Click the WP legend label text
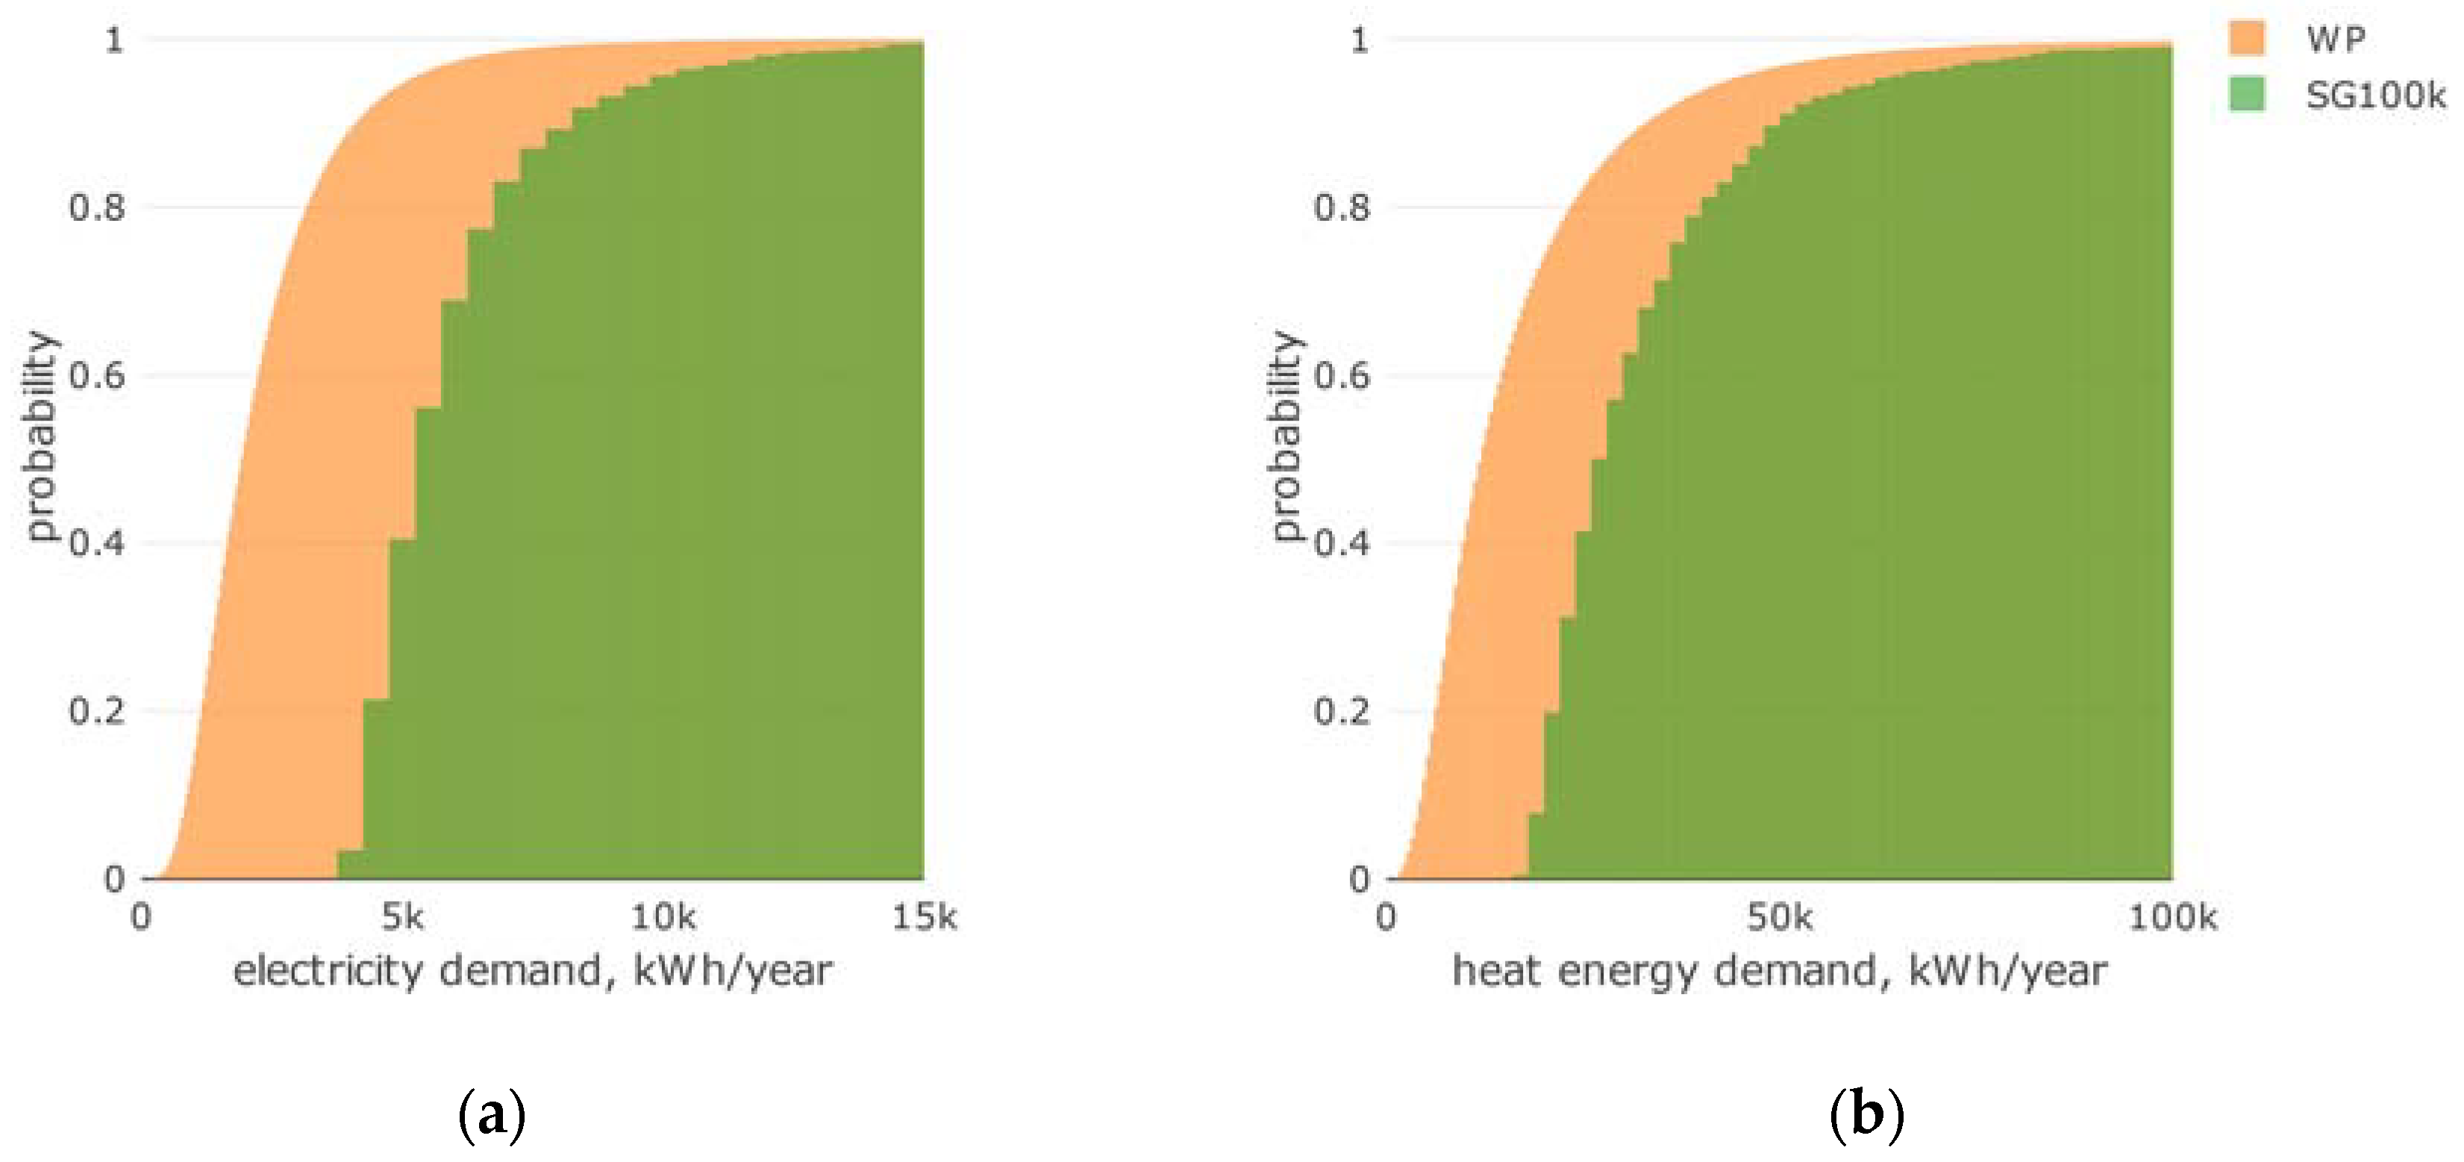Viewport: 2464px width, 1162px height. pos(2335,40)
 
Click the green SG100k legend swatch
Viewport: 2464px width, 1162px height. pos(2247,95)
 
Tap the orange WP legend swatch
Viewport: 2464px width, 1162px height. pos(2247,40)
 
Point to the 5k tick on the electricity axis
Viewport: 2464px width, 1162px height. pos(401,918)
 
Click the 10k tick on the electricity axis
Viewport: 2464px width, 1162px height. pos(663,918)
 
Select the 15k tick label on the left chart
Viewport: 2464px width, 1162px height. pos(924,918)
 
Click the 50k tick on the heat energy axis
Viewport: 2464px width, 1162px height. pos(1779,918)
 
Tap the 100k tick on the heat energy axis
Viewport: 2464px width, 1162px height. pos(2172,918)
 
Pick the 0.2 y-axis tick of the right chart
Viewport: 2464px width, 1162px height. pos(1342,712)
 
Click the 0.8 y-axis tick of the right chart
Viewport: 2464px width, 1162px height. pos(1342,207)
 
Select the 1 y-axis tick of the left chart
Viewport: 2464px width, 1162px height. pos(115,40)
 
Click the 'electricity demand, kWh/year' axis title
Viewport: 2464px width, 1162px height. pos(533,972)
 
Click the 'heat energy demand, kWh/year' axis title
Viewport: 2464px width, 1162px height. pos(1779,972)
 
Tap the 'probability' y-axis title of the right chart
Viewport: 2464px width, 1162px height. pos(1286,436)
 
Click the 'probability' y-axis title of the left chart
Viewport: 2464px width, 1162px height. pos(41,436)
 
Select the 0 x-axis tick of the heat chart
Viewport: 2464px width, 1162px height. pos(1386,918)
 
